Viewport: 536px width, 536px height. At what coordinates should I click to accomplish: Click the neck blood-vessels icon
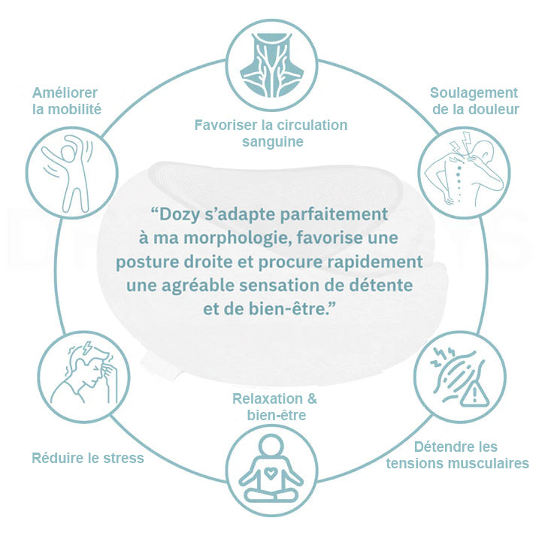[x=272, y=65]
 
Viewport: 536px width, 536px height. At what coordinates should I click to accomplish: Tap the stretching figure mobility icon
[x=68, y=174]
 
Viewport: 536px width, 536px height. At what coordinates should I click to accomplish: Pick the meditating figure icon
[x=271, y=470]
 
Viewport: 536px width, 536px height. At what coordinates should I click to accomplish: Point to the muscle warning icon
[x=460, y=376]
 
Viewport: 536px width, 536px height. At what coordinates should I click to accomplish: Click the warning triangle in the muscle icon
[x=474, y=394]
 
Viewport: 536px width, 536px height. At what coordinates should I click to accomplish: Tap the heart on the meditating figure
[x=271, y=473]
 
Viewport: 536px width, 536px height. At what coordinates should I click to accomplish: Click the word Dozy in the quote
[x=175, y=215]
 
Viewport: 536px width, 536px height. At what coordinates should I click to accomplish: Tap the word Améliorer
[x=65, y=92]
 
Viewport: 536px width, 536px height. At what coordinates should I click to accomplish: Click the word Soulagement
[x=474, y=92]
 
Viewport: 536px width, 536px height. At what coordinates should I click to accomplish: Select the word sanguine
[x=273, y=141]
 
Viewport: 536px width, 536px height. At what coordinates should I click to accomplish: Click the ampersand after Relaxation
[x=312, y=398]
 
